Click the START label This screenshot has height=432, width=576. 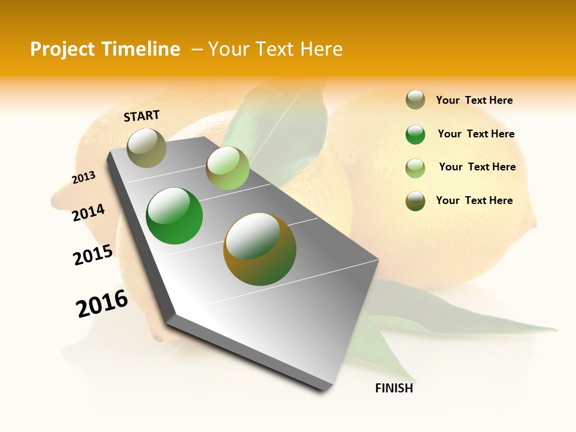point(142,116)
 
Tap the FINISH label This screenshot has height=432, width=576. point(394,388)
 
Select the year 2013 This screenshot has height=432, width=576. point(83,178)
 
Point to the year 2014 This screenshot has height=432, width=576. point(88,212)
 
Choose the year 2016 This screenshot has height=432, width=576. point(102,303)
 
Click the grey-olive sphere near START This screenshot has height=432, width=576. point(146,148)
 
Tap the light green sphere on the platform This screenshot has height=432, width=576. point(227,168)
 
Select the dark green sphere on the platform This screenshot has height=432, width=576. point(174,216)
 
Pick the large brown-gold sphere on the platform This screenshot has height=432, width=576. point(260,249)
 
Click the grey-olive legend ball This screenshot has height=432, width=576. point(415,100)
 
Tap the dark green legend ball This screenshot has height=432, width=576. point(415,134)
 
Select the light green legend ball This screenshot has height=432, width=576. point(415,168)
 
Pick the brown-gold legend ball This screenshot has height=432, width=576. point(415,201)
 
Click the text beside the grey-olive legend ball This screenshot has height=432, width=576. point(474,100)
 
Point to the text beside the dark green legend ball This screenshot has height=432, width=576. point(476,134)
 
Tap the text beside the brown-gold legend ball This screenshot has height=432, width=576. point(474,200)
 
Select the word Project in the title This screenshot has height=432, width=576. point(62,49)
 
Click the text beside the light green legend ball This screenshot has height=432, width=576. point(477,167)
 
